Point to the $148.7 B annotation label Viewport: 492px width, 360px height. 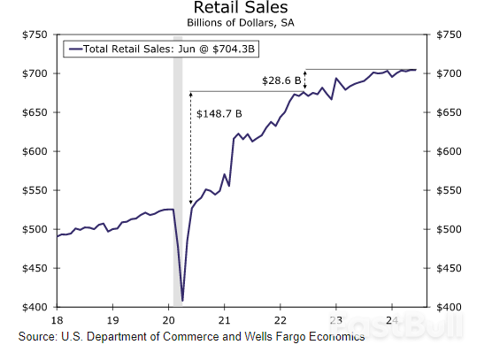coord(219,113)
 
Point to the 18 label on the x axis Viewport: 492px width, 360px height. coord(58,318)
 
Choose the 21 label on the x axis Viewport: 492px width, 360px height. coord(225,318)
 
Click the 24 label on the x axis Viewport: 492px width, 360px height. coord(392,318)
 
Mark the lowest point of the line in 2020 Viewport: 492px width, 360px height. coord(182,301)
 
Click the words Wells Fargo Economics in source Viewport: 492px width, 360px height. coord(288,337)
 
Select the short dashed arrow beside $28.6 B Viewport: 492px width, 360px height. coord(305,80)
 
